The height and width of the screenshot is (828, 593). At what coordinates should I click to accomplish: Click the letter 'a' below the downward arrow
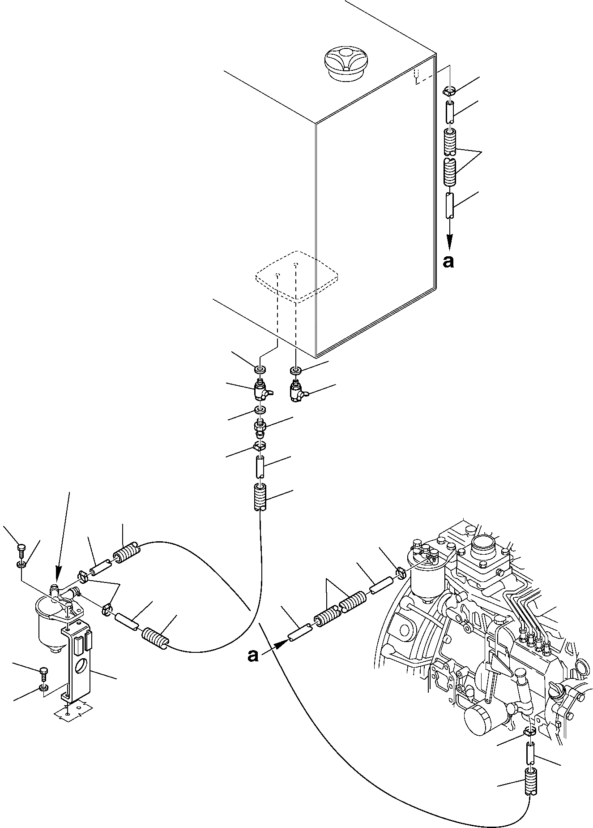tap(448, 262)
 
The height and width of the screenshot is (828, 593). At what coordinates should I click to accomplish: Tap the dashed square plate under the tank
tap(296, 275)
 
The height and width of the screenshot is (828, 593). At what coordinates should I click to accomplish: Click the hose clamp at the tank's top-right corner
tap(449, 91)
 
